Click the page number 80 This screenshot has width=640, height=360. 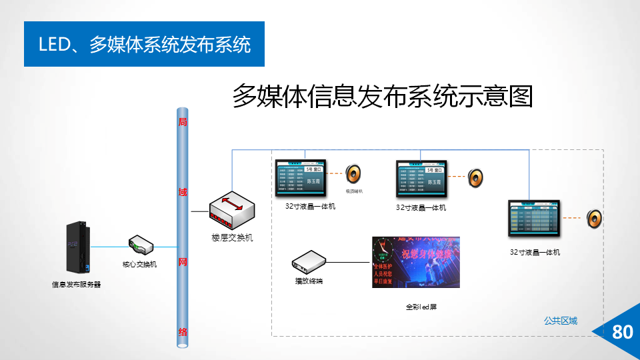point(622,332)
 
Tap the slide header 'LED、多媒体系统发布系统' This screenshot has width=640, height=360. point(144,45)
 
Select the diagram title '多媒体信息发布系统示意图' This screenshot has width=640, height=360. point(382,97)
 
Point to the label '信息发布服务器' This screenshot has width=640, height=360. point(77,285)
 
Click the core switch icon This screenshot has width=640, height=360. point(141,245)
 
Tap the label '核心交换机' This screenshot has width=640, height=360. point(139,264)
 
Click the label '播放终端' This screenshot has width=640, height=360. point(309,281)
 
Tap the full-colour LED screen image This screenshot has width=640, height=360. point(415,262)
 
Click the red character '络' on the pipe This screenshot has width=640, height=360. point(182,331)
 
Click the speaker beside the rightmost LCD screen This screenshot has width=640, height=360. point(594,218)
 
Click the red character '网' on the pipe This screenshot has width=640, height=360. point(182,262)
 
